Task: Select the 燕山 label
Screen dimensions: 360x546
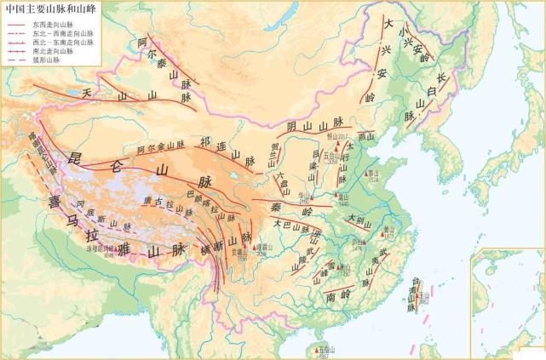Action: coord(366,135)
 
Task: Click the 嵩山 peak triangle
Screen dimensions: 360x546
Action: coord(339,198)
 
